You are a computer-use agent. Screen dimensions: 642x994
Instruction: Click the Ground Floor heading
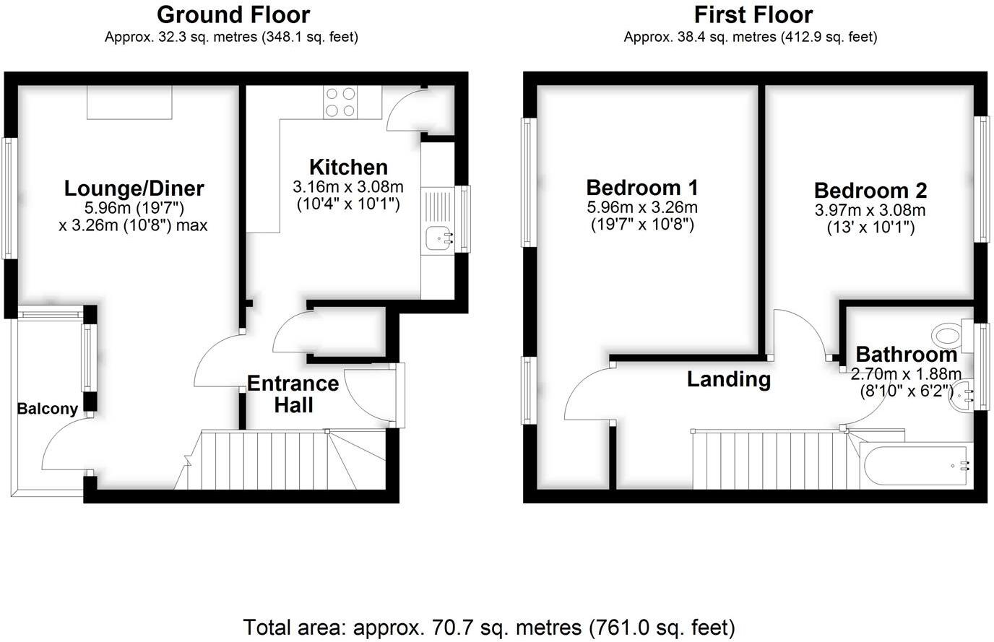coord(233,14)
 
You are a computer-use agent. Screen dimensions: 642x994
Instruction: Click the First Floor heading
coord(753,14)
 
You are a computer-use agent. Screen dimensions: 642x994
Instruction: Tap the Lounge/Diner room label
coord(134,188)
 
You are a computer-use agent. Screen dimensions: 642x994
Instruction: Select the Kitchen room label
coord(348,167)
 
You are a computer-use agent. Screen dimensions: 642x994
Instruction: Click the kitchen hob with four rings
coord(340,102)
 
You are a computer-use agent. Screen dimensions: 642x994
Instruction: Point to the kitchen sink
coord(438,238)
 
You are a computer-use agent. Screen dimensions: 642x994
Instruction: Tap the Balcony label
coord(47,409)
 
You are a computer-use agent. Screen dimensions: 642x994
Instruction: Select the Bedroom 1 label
coord(642,188)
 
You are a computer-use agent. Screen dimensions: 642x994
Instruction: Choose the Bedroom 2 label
coord(870,191)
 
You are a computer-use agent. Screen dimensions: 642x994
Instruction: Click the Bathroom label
coord(906,355)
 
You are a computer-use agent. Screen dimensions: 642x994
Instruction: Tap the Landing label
coord(728,379)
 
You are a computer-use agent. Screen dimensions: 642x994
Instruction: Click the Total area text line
coord(489,627)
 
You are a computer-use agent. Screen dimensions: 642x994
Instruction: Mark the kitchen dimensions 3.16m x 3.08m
coord(348,187)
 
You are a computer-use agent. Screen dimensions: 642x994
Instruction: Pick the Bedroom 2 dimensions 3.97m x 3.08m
coord(870,211)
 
